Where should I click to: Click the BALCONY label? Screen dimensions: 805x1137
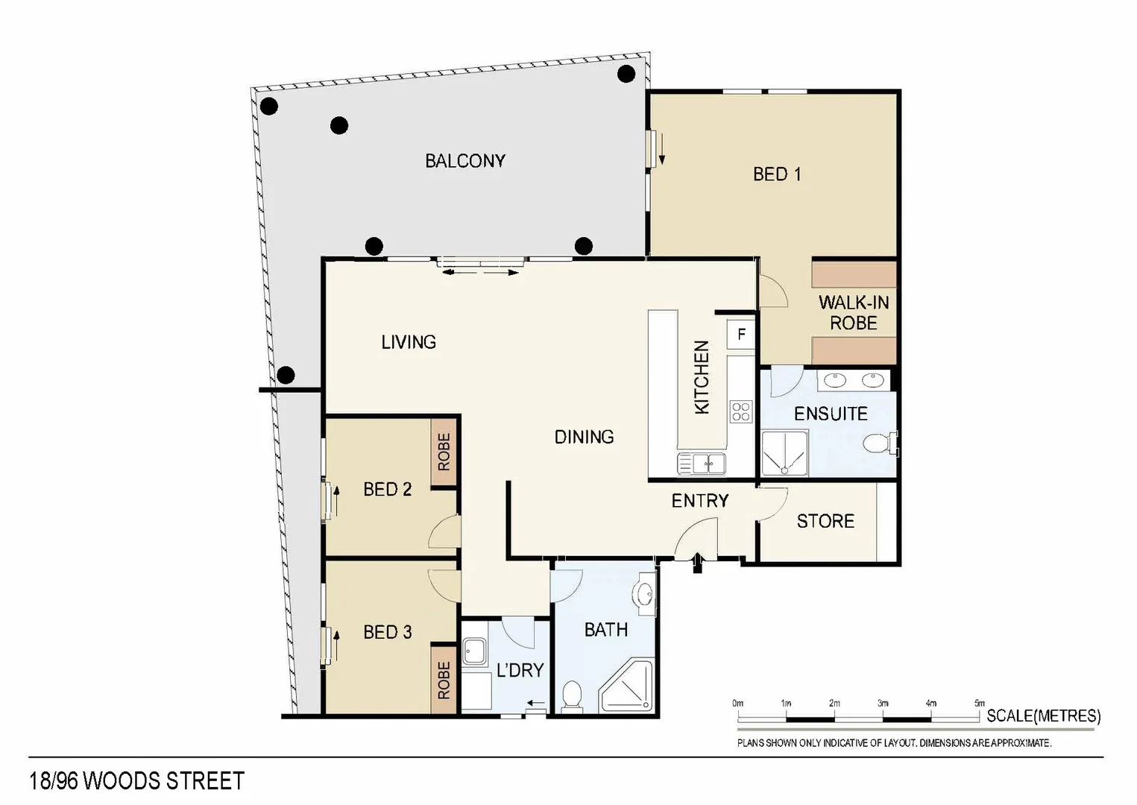coord(465,161)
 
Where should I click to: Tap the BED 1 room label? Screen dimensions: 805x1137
coord(777,174)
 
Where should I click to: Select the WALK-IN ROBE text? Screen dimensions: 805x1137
coord(854,313)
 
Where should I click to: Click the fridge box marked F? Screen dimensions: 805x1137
coord(741,334)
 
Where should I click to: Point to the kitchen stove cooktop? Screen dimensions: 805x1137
coord(740,411)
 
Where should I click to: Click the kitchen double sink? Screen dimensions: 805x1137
coord(701,463)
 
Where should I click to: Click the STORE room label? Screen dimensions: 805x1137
coord(825,521)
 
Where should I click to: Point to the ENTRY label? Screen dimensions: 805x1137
coord(699,501)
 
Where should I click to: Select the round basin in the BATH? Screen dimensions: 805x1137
coord(643,595)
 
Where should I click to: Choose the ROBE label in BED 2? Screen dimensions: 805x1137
coord(444,452)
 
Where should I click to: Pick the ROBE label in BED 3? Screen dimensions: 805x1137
coord(444,680)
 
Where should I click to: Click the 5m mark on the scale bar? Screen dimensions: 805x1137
coord(979,704)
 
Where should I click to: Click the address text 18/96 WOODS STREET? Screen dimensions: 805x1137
coord(136,780)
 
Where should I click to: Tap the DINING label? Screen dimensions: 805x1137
coord(584,437)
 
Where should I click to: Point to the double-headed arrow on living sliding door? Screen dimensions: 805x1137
coord(480,273)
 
